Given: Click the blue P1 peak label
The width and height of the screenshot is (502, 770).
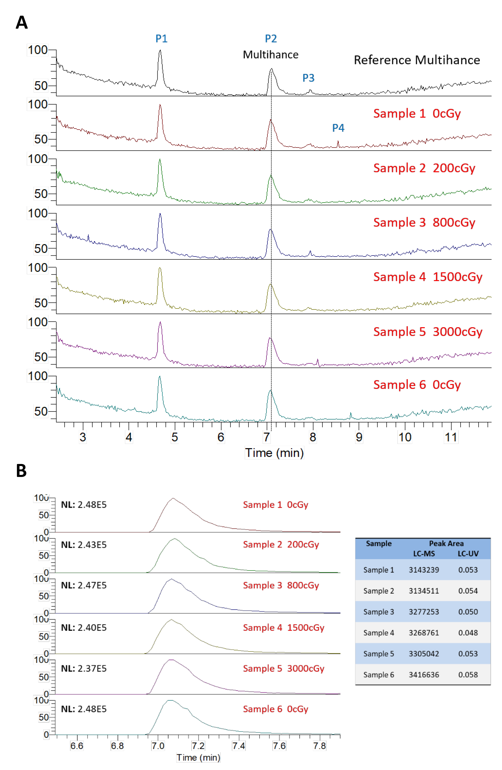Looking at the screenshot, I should click(x=161, y=39).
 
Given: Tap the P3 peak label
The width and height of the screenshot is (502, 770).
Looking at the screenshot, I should click(x=308, y=78).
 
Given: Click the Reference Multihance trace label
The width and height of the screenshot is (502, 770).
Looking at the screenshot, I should click(x=417, y=60).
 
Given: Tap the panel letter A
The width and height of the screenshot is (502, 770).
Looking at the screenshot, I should click(x=22, y=23).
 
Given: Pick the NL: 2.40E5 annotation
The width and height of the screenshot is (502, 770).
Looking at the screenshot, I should click(x=84, y=628).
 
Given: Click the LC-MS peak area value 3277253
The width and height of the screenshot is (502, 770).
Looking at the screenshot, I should click(x=424, y=612).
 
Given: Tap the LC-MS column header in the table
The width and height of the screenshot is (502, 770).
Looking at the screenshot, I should click(x=424, y=554).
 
